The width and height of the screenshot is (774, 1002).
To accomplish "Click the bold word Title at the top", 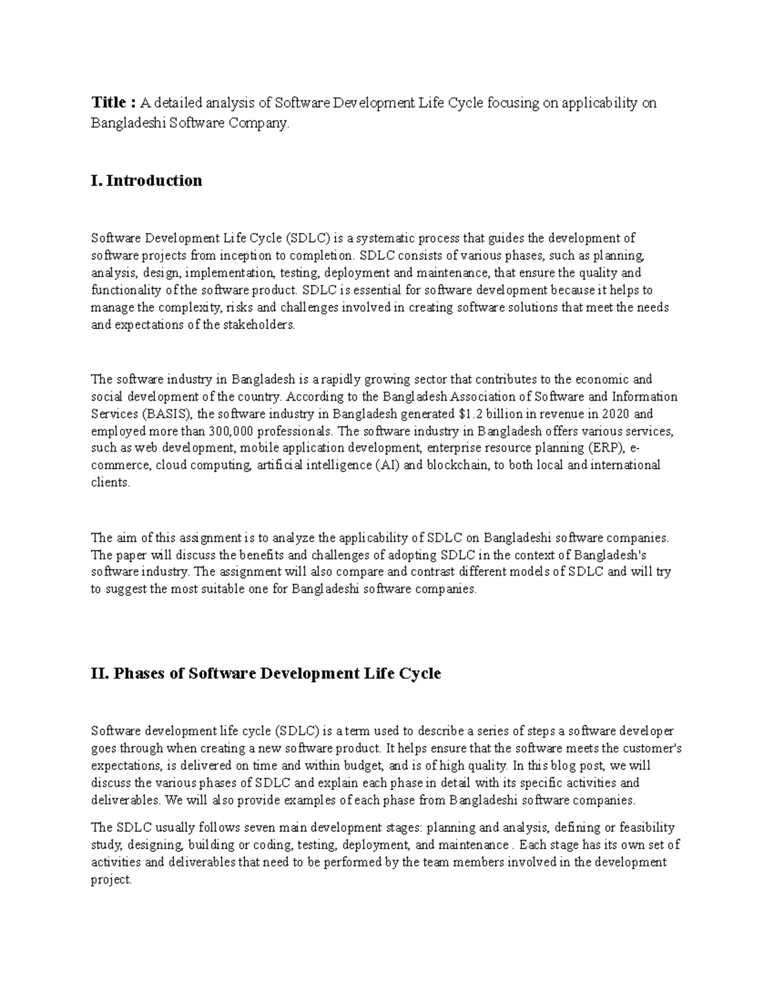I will tap(109, 103).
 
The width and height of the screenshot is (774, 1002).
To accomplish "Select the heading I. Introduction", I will tap(146, 181).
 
